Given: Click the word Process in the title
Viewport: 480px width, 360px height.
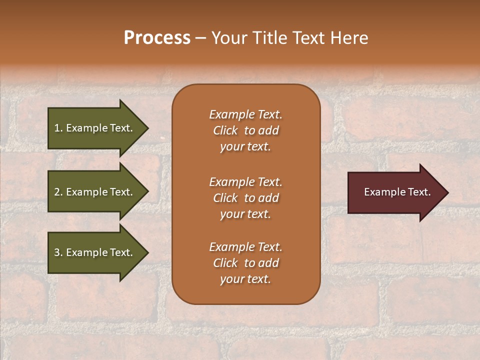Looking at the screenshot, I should point(157,37).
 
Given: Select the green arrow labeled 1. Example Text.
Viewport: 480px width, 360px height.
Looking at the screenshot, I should point(95,128).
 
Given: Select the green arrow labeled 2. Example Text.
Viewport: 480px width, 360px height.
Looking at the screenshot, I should point(95,192).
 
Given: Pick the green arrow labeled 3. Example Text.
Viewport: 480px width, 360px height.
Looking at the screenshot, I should point(95,252).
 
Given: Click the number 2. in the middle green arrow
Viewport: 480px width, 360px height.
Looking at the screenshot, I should point(58,192).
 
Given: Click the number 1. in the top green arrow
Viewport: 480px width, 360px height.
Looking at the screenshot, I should point(58,128).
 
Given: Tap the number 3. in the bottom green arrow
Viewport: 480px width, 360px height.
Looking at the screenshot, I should point(58,252).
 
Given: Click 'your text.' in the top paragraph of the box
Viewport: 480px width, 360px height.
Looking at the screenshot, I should point(245,147).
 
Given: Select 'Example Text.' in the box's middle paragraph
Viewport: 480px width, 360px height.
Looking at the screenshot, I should point(245,181).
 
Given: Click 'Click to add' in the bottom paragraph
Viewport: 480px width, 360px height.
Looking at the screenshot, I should point(245,263).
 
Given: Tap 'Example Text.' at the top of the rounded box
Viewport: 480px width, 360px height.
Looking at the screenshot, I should point(245,114).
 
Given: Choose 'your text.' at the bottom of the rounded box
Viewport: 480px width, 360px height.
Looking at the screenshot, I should point(245,279).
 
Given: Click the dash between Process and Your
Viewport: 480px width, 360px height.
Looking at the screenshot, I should point(200,38).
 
